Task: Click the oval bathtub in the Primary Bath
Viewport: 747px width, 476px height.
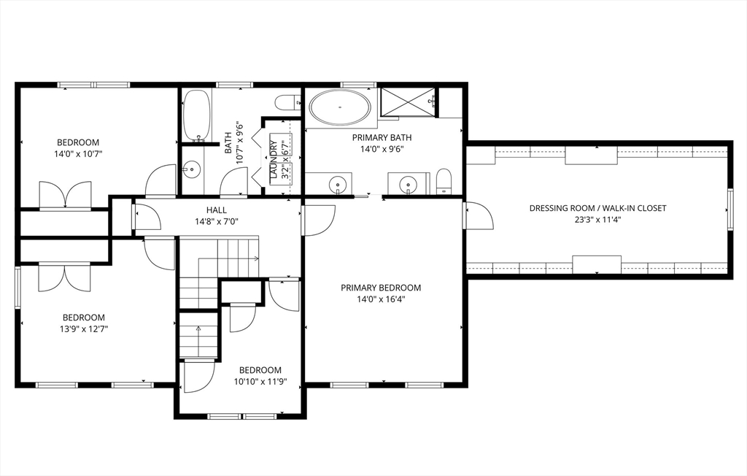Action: pyautogui.click(x=339, y=107)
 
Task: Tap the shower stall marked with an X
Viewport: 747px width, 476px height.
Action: pyautogui.click(x=409, y=101)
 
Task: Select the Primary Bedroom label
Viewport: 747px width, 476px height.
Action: pyautogui.click(x=381, y=288)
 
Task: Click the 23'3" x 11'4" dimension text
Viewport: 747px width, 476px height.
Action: pyautogui.click(x=598, y=220)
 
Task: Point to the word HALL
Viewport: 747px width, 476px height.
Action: pyautogui.click(x=216, y=210)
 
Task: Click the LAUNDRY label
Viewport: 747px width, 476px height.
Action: pyautogui.click(x=274, y=160)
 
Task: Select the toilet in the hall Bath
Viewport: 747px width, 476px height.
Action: pyautogui.click(x=287, y=101)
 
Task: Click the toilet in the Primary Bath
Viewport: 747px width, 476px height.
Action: pyautogui.click(x=444, y=181)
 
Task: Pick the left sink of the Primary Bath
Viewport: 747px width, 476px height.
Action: pyautogui.click(x=338, y=183)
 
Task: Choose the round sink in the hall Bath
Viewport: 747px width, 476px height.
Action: pyautogui.click(x=192, y=169)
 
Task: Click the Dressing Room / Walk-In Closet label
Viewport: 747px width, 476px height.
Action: pyautogui.click(x=598, y=208)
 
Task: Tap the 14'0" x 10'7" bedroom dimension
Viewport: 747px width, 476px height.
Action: pyautogui.click(x=79, y=154)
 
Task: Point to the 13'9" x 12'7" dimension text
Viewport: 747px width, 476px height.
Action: pyautogui.click(x=84, y=329)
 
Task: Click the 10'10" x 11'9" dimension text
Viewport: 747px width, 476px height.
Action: pyautogui.click(x=260, y=382)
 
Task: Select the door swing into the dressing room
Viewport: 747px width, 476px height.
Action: pyautogui.click(x=478, y=215)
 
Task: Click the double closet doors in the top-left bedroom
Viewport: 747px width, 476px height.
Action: pyautogui.click(x=65, y=195)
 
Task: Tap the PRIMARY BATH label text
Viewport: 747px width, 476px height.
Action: pyautogui.click(x=382, y=137)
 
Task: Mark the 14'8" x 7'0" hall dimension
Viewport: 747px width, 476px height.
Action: pyautogui.click(x=216, y=222)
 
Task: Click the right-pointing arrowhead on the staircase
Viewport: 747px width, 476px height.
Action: pyautogui.click(x=257, y=258)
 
